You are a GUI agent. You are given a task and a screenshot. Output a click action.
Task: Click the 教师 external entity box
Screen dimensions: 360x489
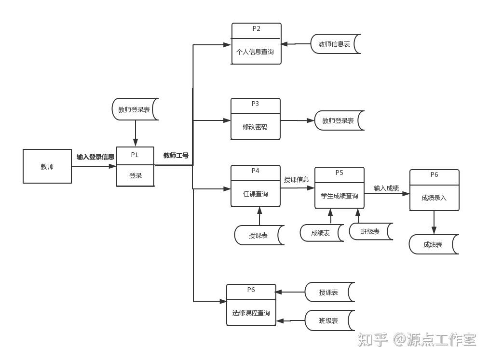pos(47,166)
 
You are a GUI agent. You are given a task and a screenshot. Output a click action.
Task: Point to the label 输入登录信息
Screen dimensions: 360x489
pos(95,157)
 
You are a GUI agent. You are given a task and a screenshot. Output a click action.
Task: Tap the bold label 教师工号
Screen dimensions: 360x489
pos(176,155)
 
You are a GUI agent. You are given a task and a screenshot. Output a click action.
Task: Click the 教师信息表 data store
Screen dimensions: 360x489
pos(335,44)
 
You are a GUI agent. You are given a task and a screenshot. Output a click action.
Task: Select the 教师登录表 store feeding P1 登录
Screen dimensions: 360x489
pos(135,109)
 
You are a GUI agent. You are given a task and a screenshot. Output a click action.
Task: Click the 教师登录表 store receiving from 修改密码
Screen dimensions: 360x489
pos(339,120)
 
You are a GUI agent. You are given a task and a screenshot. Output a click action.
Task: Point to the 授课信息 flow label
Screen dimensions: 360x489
pos(297,180)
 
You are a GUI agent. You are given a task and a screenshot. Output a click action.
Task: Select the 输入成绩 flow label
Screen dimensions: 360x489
pos(386,188)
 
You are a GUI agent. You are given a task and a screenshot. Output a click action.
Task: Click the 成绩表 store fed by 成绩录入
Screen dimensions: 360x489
pos(433,244)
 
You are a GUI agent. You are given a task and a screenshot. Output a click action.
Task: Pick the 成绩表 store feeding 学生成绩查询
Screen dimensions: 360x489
pos(321,233)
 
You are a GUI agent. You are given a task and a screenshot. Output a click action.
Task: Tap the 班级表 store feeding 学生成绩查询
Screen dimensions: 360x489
pos(370,231)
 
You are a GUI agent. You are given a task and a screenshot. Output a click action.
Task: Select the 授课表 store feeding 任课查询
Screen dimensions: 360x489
pos(258,235)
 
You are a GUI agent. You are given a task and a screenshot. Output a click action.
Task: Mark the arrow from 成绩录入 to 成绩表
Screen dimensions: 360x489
pos(434,223)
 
